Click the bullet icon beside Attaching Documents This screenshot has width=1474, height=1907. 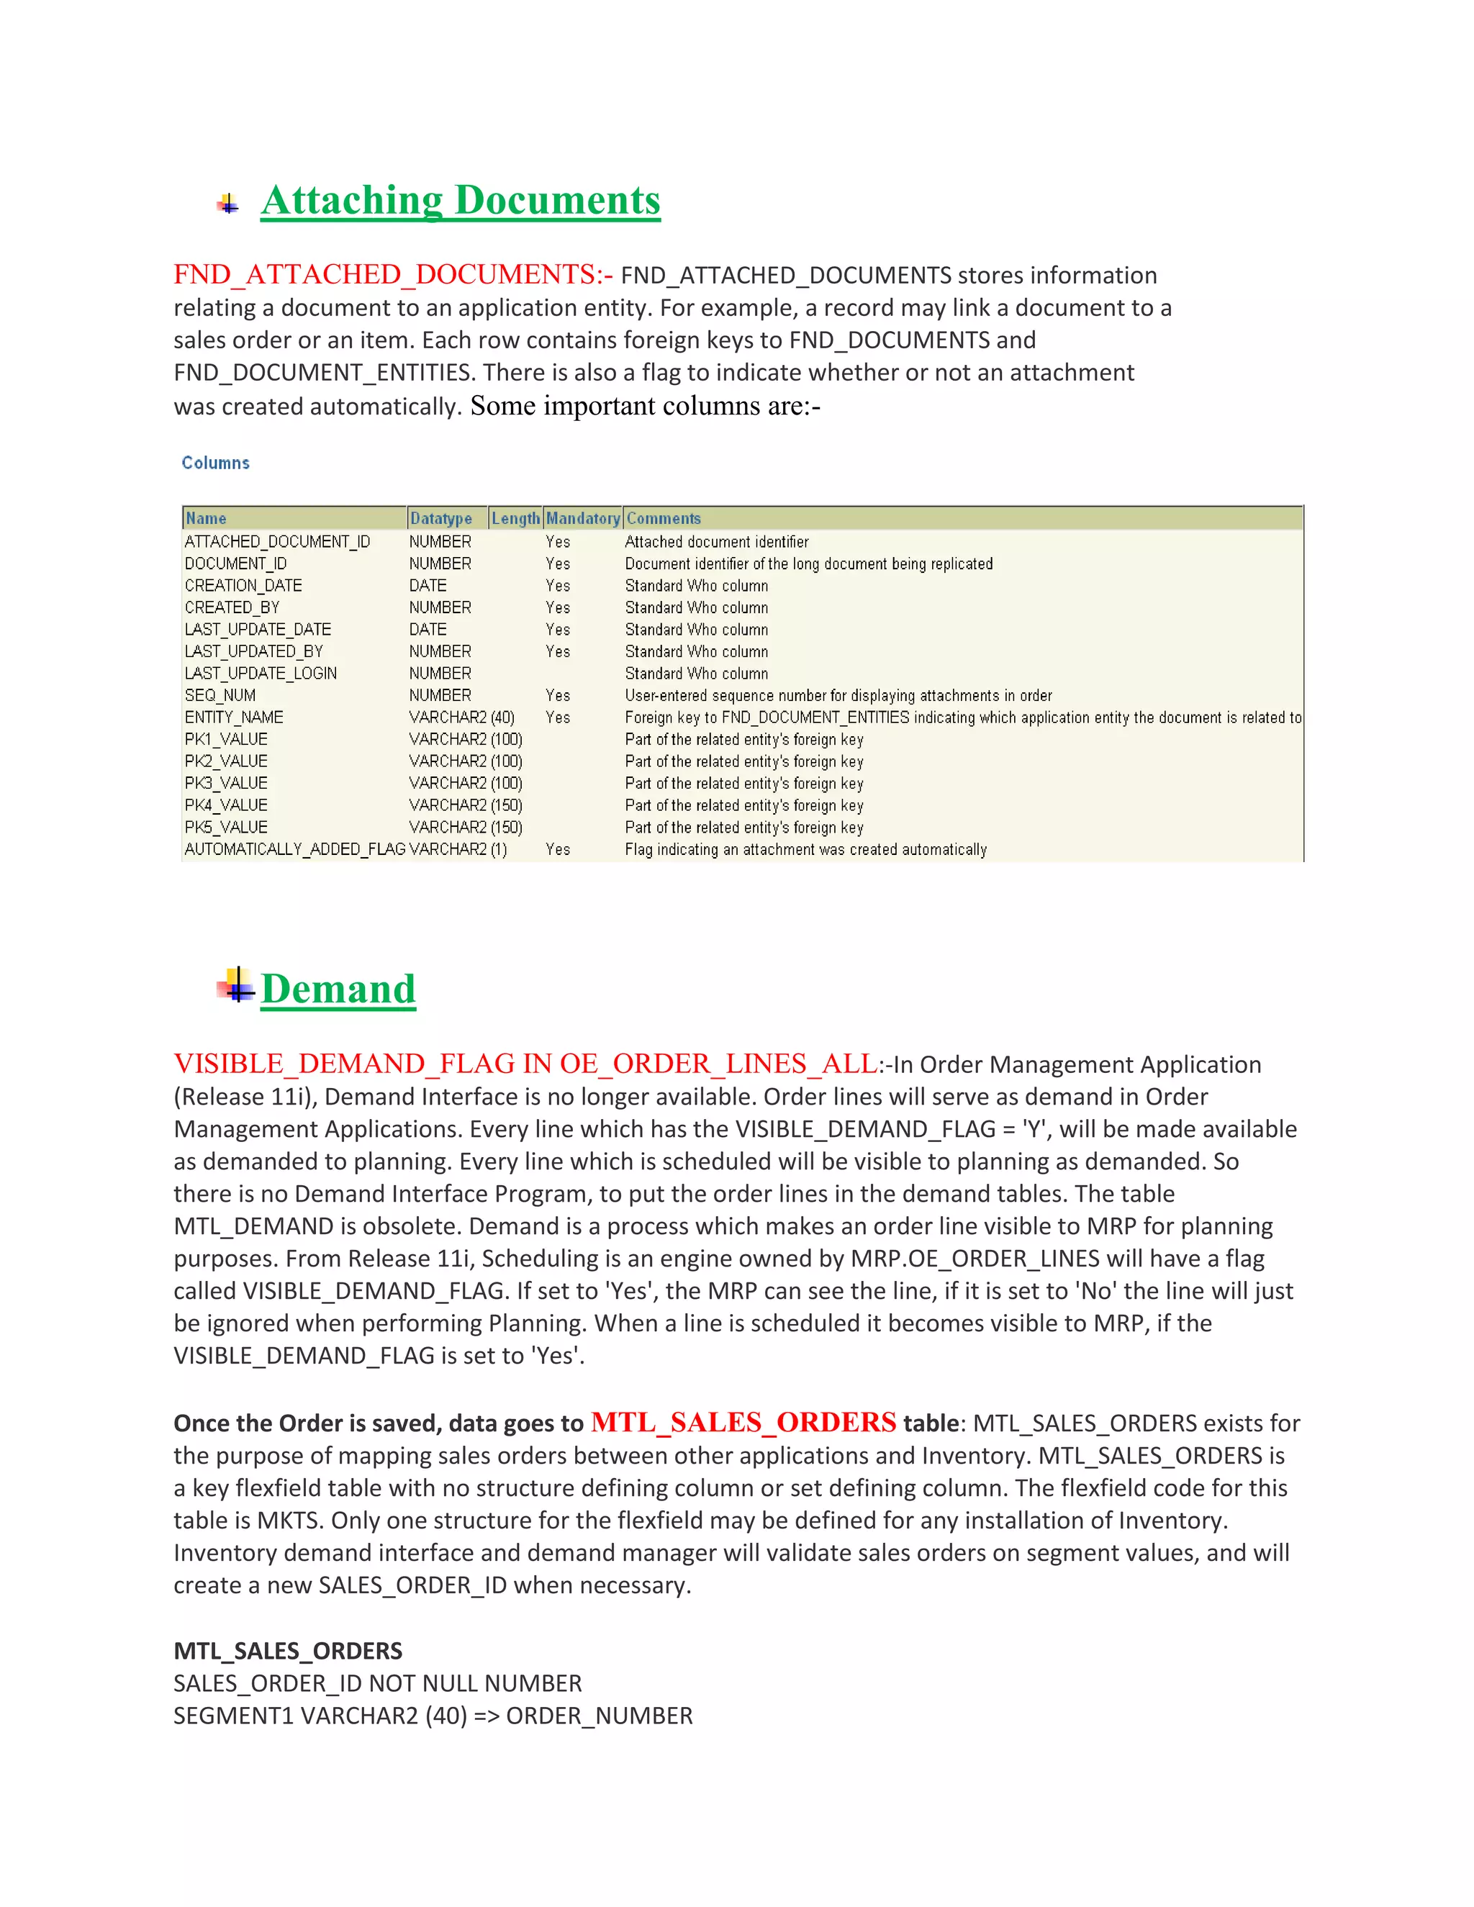click(x=228, y=204)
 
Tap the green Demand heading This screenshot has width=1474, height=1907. click(x=338, y=989)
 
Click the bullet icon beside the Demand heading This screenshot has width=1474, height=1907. click(x=236, y=986)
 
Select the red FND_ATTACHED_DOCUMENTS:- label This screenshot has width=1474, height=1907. click(x=392, y=274)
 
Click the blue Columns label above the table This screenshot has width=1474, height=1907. click(x=216, y=463)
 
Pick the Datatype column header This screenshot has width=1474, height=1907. click(x=441, y=519)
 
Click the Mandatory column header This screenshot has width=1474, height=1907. click(x=582, y=519)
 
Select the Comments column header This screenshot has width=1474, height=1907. click(x=664, y=519)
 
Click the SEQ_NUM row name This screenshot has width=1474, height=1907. click(x=220, y=695)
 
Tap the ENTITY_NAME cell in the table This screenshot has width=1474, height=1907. click(x=234, y=717)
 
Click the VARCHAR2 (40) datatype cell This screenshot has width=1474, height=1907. click(x=462, y=717)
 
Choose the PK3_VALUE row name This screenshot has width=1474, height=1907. click(x=226, y=783)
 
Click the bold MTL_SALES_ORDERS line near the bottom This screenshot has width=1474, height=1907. click(x=288, y=1650)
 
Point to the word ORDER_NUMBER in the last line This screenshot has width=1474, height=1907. click(x=599, y=1716)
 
